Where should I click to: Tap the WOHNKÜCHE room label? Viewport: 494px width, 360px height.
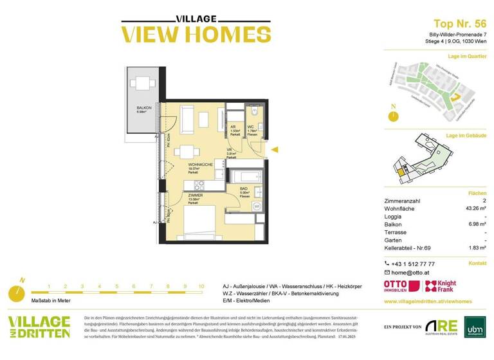200,165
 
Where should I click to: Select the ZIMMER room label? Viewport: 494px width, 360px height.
196,195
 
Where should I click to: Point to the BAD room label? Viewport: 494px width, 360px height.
244,188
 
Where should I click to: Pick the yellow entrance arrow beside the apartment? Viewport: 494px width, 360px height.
274,150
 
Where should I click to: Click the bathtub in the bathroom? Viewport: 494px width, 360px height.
244,175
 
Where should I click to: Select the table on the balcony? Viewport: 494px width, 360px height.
141,83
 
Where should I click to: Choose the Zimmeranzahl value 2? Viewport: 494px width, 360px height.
484,201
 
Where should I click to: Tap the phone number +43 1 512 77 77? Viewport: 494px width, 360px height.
413,264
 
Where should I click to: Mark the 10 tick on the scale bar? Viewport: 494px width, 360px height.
201,287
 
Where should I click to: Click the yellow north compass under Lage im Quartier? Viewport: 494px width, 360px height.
392,116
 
